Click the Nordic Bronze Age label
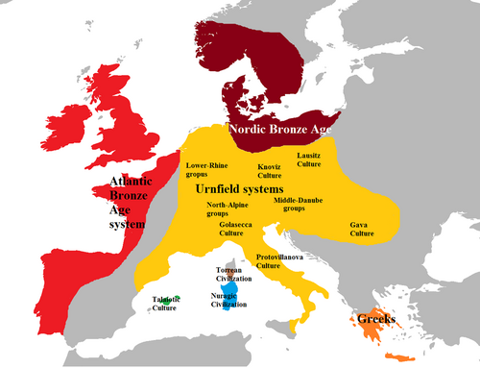(x=280, y=129)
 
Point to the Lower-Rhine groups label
(x=208, y=170)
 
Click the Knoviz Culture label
(x=269, y=171)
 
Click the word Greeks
(x=376, y=318)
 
